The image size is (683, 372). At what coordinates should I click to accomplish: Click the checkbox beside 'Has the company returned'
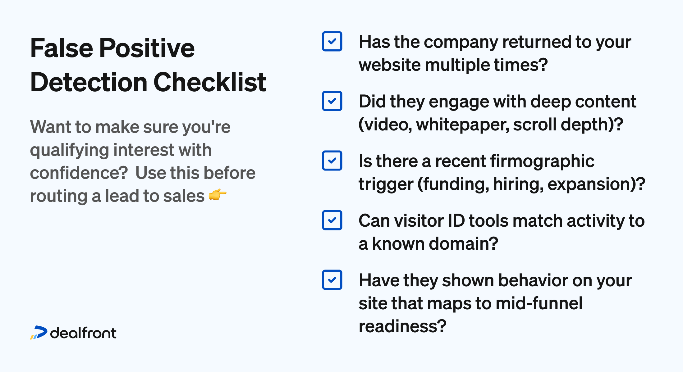pyautogui.click(x=332, y=41)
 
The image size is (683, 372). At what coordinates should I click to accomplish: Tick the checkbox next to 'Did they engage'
pyautogui.click(x=332, y=101)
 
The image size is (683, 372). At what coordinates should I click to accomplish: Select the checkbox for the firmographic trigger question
pyautogui.click(x=332, y=161)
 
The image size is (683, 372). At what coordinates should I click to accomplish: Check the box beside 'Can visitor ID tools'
pyautogui.click(x=332, y=220)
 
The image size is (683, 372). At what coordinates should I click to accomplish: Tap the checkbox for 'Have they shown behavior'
pyautogui.click(x=332, y=280)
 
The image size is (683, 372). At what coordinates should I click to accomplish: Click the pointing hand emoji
pyautogui.click(x=218, y=195)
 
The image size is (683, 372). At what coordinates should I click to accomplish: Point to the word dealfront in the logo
pyautogui.click(x=83, y=333)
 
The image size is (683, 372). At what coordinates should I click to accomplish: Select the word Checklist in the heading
pyautogui.click(x=210, y=82)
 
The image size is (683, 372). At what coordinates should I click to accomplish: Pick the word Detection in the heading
pyautogui.click(x=89, y=82)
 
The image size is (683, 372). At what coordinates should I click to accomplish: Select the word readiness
pyautogui.click(x=402, y=326)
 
